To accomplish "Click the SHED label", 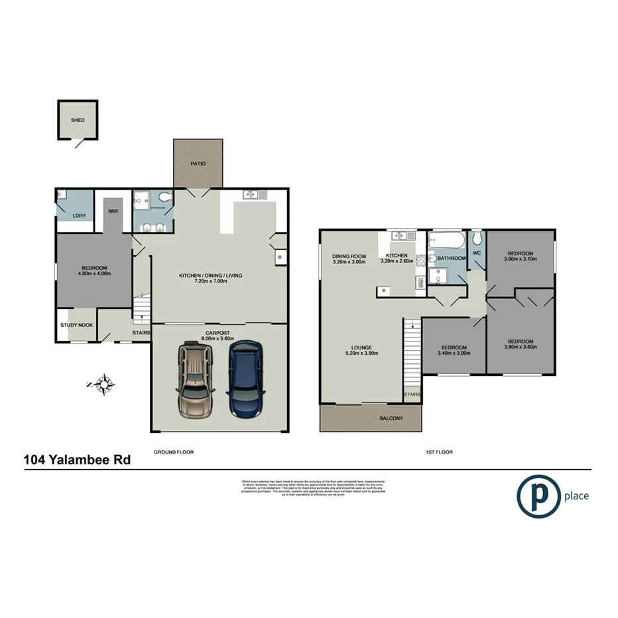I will tap(78, 120).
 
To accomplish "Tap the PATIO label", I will tap(198, 163).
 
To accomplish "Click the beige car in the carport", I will tap(196, 379).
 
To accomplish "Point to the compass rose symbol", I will tap(105, 383).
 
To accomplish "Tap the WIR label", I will tap(113, 212).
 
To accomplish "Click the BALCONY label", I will tap(391, 418).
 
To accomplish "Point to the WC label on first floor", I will tap(476, 252).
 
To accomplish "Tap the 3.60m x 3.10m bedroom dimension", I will tap(521, 259).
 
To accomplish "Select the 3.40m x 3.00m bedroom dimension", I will tap(454, 353).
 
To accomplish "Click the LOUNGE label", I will tap(361, 347).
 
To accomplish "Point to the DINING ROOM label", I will tap(349, 256).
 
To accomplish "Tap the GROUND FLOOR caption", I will tap(173, 452).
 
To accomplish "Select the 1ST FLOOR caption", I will tap(439, 452).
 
